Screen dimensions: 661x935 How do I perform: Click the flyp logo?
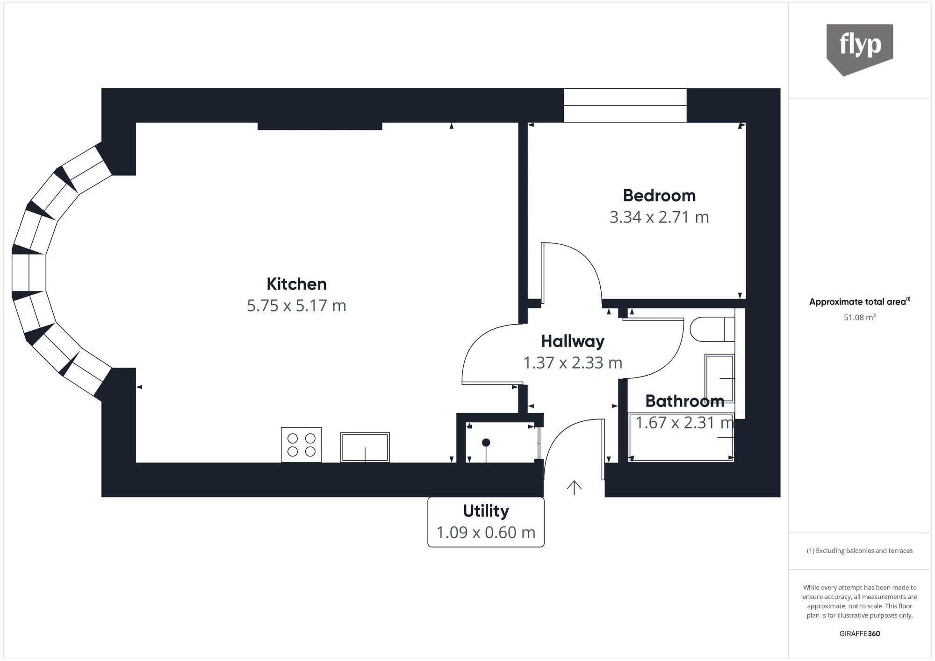tap(859, 47)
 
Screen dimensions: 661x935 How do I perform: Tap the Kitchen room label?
tap(296, 284)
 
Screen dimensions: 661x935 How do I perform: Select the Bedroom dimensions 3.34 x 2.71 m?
tap(659, 217)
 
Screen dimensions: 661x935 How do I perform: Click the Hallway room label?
tap(573, 341)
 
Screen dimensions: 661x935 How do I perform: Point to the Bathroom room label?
tap(684, 401)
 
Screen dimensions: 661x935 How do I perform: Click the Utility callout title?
tap(486, 511)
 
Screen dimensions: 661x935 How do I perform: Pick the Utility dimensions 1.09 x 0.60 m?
tap(486, 533)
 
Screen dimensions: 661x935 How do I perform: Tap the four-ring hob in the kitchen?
tap(301, 445)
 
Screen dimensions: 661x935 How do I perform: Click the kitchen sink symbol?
tap(365, 447)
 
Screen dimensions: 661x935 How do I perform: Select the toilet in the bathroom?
tap(711, 329)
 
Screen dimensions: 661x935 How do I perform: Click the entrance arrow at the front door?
tap(574, 487)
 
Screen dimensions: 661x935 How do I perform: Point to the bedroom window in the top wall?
tap(625, 106)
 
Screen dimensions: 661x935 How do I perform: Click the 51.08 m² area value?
tap(859, 318)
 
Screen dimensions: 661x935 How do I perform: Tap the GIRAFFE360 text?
tap(859, 634)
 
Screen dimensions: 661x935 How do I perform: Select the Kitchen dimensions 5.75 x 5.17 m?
tap(296, 306)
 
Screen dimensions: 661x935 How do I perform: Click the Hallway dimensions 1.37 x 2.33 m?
tap(573, 363)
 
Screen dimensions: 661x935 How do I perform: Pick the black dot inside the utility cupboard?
tap(486, 442)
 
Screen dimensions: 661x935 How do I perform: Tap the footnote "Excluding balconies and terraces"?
tap(859, 551)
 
